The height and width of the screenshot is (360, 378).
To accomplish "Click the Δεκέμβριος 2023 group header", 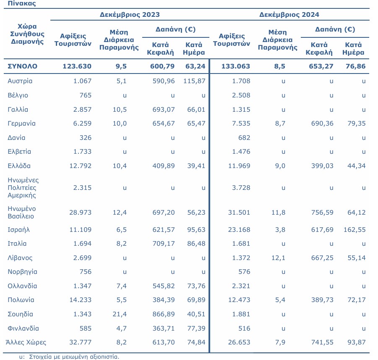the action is (x=130, y=14).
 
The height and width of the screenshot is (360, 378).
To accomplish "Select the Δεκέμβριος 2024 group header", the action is (x=289, y=14).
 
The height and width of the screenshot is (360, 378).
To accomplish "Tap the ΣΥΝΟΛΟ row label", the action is (x=22, y=66).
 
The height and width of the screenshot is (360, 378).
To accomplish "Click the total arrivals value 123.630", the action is (x=77, y=66).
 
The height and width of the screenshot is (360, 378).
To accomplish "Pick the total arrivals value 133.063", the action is (x=236, y=66).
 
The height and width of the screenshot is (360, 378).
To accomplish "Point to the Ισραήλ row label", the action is (x=18, y=230).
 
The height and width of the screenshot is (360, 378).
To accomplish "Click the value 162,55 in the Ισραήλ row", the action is (x=355, y=230).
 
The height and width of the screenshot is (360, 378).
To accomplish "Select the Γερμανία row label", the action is (x=21, y=124).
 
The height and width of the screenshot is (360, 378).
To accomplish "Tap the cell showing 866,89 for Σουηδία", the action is (x=164, y=314).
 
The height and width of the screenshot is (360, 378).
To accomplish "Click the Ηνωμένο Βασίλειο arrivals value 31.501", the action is (x=239, y=213).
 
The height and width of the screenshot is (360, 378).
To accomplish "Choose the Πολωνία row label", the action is (x=21, y=300).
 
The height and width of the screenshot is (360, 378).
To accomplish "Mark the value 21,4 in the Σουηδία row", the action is (x=120, y=314).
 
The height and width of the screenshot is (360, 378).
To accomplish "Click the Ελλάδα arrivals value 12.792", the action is (x=81, y=166).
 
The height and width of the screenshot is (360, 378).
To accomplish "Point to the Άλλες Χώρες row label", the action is (x=26, y=342).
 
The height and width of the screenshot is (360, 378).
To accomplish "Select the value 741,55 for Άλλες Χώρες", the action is (x=322, y=342).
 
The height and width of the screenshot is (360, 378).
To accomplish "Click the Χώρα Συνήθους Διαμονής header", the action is (x=27, y=34).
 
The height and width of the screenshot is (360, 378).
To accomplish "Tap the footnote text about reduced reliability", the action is (x=69, y=357).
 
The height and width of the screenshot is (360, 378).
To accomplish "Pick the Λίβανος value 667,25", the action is (x=322, y=258).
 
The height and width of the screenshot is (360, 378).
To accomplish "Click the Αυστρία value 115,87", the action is (x=194, y=81).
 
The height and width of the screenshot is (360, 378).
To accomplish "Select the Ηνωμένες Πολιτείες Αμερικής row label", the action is (x=23, y=188).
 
